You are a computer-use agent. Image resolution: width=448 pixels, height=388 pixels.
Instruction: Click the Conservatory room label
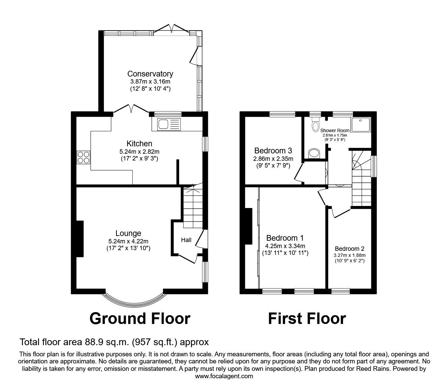point(150,73)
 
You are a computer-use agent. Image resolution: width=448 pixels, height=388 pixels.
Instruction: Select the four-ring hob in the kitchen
point(84,157)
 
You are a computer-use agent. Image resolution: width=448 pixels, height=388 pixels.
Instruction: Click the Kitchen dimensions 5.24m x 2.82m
point(139,151)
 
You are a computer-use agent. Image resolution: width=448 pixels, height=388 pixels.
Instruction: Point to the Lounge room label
point(128,233)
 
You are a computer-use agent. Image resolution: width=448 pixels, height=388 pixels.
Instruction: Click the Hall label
point(186,240)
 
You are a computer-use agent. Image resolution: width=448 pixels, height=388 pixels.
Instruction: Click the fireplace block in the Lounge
point(80,239)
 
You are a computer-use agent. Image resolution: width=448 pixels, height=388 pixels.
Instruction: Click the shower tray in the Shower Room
point(361,125)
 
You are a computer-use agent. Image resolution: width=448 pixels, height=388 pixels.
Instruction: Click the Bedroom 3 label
point(273,150)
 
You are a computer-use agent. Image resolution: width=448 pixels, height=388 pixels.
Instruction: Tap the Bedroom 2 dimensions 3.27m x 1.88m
point(349,255)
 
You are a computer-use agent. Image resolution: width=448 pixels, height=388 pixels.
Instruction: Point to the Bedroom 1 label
point(282,238)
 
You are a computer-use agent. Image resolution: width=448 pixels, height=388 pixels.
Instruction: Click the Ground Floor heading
point(140,318)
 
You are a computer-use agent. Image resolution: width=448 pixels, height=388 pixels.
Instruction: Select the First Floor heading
point(307,318)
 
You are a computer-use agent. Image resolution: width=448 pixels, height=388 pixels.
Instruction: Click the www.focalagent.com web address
point(224,376)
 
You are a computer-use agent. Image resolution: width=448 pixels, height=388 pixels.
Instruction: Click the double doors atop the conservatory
point(171,29)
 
